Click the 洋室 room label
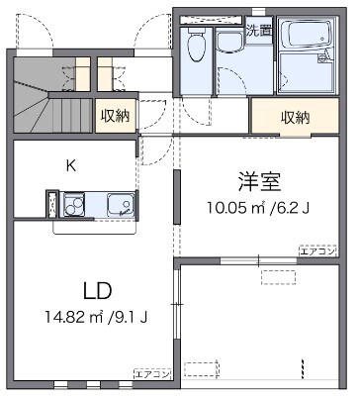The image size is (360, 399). [260, 182]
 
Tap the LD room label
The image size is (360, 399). [97, 292]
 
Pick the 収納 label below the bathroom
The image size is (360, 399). [295, 117]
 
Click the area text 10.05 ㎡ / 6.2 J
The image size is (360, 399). [258, 208]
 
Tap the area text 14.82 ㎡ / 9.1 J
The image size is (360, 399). [98, 318]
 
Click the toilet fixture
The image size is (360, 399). [195, 43]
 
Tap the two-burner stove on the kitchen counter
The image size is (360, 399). [75, 205]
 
